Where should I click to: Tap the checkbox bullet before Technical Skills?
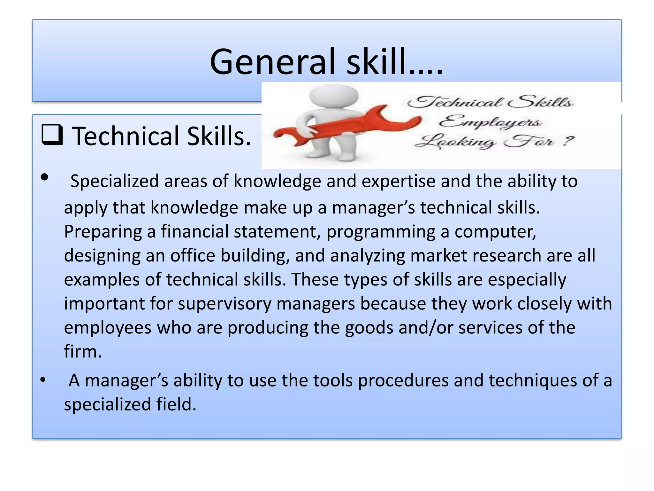[x=52, y=135]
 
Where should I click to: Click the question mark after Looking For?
[x=568, y=141]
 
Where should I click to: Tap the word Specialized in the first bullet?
[x=114, y=181]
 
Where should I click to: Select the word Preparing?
[x=103, y=232]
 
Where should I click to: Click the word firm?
[x=82, y=351]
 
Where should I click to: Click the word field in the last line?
[x=176, y=404]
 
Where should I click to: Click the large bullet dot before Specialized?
[x=45, y=177]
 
